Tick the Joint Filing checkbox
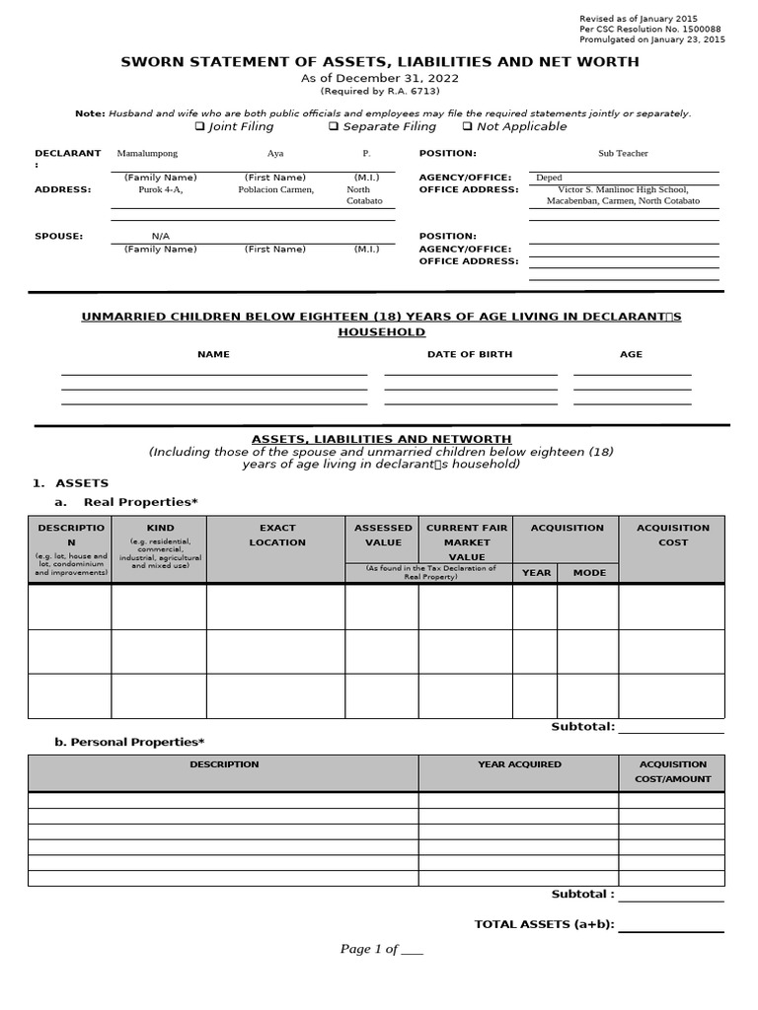pyautogui.click(x=199, y=127)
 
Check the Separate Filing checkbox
pyautogui.click(x=334, y=127)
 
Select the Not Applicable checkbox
pyautogui.click(x=467, y=127)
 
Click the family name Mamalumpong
pyautogui.click(x=147, y=154)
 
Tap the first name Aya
pyautogui.click(x=274, y=154)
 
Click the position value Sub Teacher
pyautogui.click(x=623, y=154)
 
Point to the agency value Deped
pyautogui.click(x=549, y=178)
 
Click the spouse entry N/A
pyautogui.click(x=160, y=237)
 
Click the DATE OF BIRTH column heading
pyautogui.click(x=469, y=354)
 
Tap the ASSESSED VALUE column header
pyautogui.click(x=382, y=536)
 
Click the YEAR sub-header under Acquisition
pyautogui.click(x=536, y=573)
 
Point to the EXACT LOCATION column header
pyautogui.click(x=276, y=536)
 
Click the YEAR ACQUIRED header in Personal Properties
pyautogui.click(x=519, y=764)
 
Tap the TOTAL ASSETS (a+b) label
pyautogui.click(x=544, y=924)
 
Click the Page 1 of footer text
pyautogui.click(x=381, y=949)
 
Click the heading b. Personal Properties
pyautogui.click(x=131, y=742)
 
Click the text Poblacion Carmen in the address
pyautogui.click(x=276, y=189)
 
